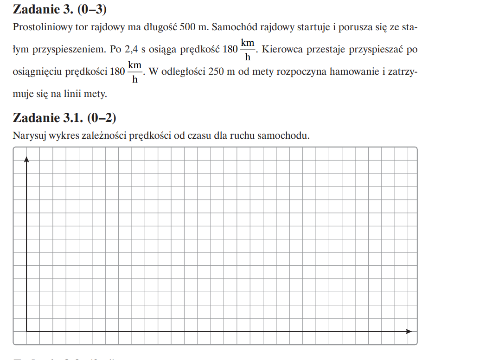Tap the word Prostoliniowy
40,27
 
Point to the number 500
189,27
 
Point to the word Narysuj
27,136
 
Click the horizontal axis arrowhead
409,331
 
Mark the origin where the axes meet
27,331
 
